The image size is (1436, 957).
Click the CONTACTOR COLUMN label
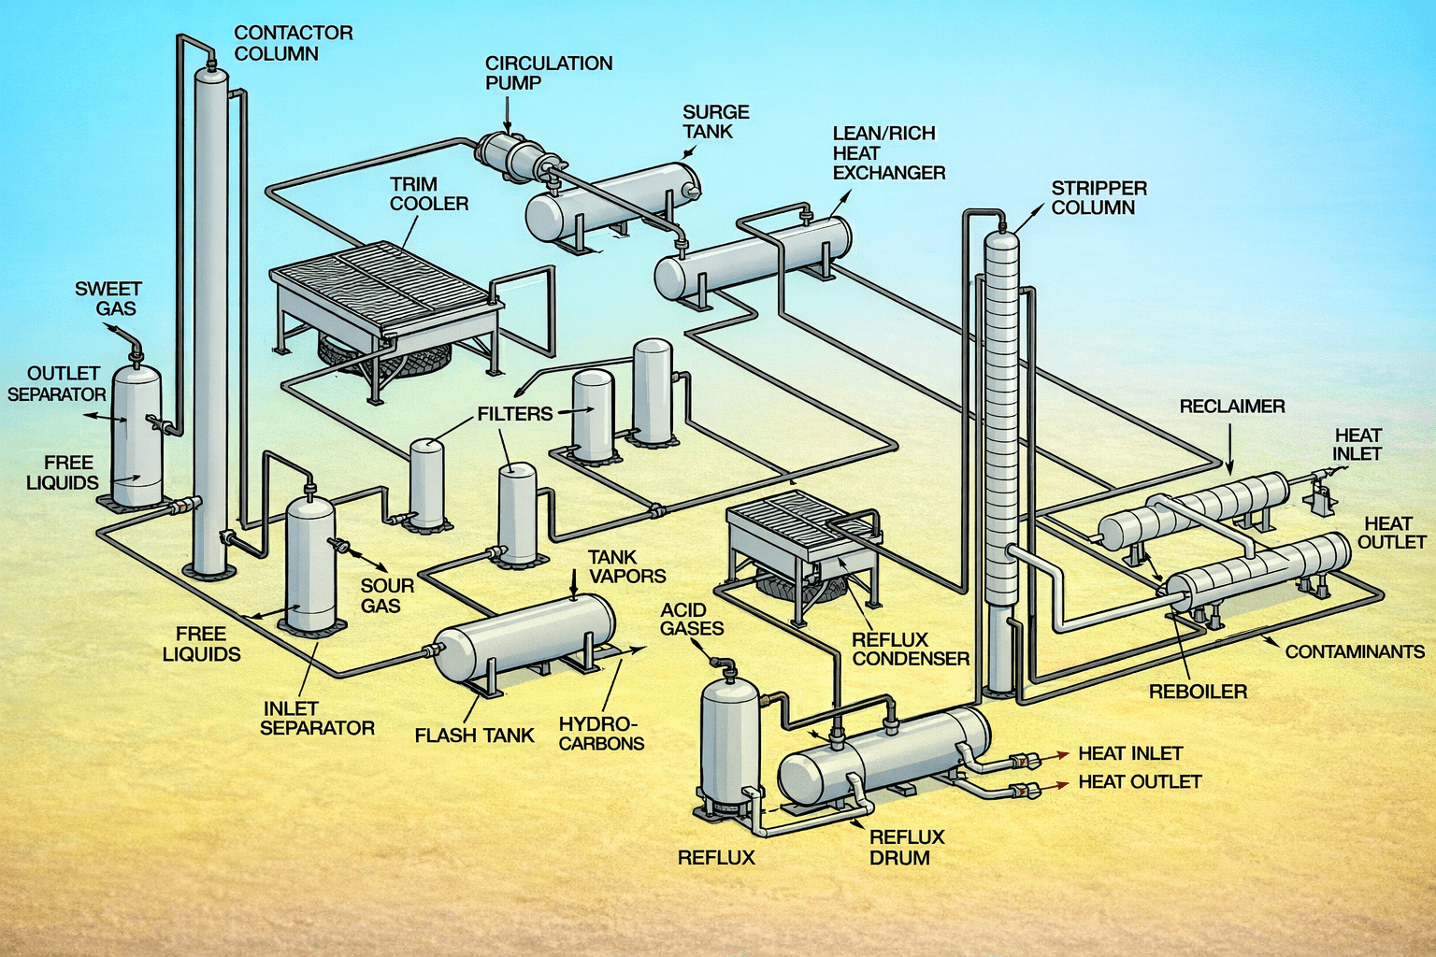click(293, 43)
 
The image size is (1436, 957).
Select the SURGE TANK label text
click(716, 121)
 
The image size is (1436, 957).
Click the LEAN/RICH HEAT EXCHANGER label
click(888, 153)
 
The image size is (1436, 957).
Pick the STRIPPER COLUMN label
click(1099, 198)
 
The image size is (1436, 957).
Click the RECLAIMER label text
click(1231, 407)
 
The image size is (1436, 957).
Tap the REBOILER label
click(1198, 692)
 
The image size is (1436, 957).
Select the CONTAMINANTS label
click(1354, 651)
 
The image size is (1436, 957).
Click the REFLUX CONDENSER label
click(910, 649)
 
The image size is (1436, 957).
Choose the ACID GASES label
click(692, 619)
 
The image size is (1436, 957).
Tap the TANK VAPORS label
click(626, 566)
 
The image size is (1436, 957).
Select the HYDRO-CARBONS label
click(600, 734)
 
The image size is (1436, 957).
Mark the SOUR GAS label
click(387, 595)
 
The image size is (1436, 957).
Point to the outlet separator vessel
click(136, 435)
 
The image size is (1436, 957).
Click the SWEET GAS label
click(108, 299)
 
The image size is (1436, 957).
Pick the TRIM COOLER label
click(429, 193)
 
